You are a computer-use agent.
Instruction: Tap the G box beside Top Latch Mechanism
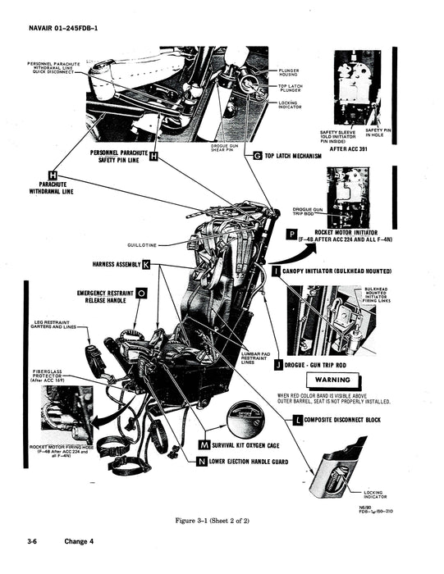(257, 155)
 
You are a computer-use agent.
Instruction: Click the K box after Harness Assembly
(146, 265)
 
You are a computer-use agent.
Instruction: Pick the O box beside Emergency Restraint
(141, 292)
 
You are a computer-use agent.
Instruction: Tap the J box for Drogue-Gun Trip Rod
(278, 363)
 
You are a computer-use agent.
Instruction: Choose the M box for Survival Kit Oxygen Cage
(204, 444)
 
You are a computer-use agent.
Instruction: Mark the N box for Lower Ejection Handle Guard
(202, 462)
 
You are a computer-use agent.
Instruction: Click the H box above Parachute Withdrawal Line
(53, 175)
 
